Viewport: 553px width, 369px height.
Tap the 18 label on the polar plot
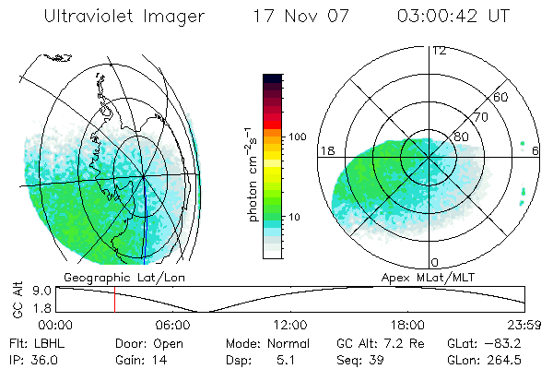point(325,149)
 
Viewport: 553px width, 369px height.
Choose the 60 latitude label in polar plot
point(500,97)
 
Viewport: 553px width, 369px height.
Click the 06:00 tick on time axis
point(172,325)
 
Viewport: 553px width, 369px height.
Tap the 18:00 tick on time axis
point(407,325)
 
